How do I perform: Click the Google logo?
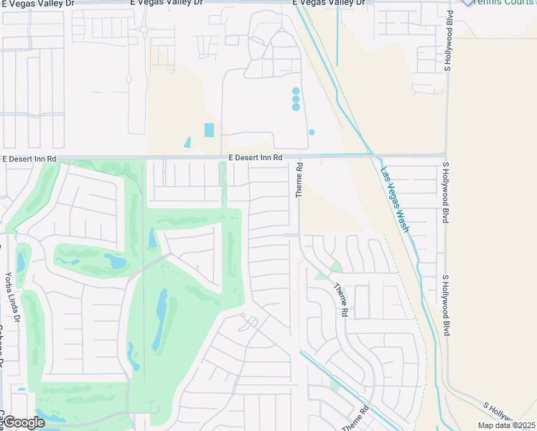coord(24,422)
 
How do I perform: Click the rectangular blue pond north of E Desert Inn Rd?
coord(209,130)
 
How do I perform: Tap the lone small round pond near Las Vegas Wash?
coord(312,132)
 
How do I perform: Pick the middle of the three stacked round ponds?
coord(296,99)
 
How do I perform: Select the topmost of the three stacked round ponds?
coord(296,91)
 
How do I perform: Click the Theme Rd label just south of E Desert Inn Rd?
coord(300,180)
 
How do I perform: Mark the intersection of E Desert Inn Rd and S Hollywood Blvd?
coord(447,155)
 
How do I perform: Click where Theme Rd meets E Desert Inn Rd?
coord(295,155)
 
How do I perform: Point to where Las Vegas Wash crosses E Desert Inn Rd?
coord(373,155)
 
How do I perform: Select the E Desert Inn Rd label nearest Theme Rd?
coord(256,157)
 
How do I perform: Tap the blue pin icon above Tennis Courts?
coord(467,2)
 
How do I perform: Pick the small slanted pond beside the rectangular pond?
coord(187,142)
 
